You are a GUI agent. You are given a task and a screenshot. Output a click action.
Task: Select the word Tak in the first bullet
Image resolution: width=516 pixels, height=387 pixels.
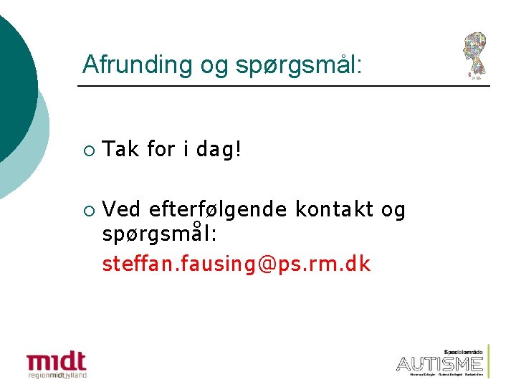tap(120, 150)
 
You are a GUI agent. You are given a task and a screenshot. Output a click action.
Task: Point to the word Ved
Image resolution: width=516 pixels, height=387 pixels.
tap(122, 209)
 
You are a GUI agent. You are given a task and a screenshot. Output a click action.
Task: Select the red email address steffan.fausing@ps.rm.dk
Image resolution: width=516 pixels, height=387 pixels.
tap(236, 264)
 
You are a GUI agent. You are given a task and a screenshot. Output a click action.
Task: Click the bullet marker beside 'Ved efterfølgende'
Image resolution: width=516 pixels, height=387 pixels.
tap(87, 211)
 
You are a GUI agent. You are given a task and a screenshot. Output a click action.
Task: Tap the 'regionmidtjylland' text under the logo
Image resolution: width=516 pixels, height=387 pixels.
tap(57, 374)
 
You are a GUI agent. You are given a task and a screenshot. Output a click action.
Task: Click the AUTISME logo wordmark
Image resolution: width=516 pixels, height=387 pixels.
tap(439, 363)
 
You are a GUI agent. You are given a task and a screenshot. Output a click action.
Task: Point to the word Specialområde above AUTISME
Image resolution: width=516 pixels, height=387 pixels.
tap(464, 352)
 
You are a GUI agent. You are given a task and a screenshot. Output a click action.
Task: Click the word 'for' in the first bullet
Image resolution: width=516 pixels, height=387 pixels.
tap(160, 150)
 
